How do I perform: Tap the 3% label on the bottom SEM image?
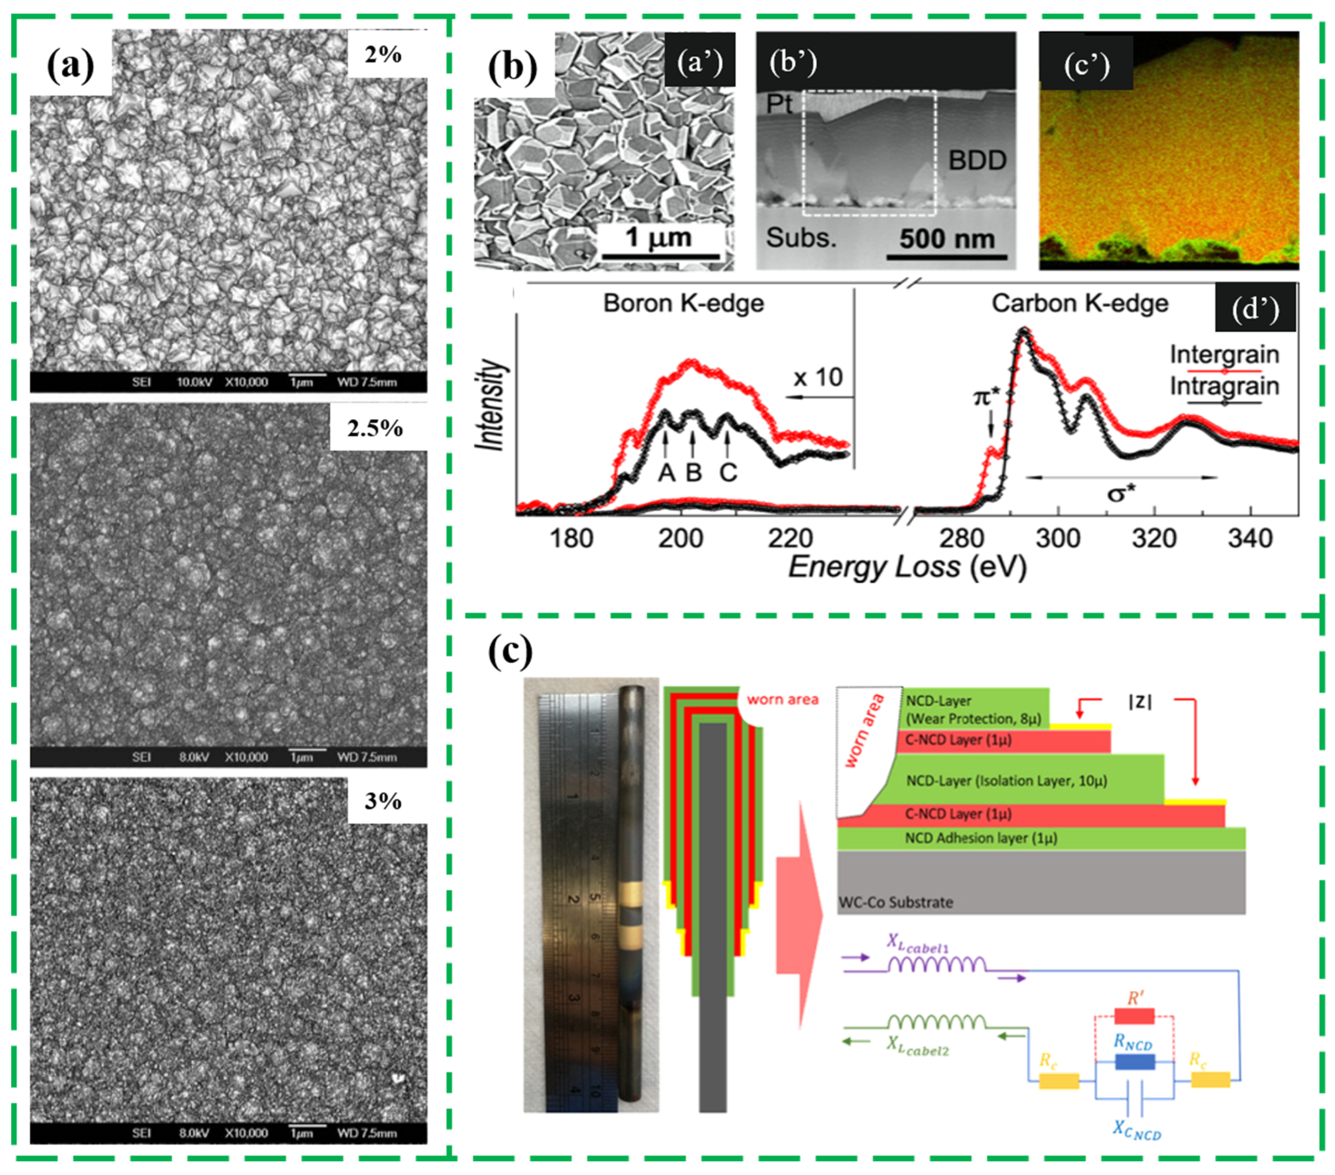(x=383, y=802)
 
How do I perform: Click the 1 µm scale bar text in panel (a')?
(x=658, y=236)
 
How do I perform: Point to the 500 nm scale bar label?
(x=947, y=239)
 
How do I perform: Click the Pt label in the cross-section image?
(x=779, y=104)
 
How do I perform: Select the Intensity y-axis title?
(x=491, y=405)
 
